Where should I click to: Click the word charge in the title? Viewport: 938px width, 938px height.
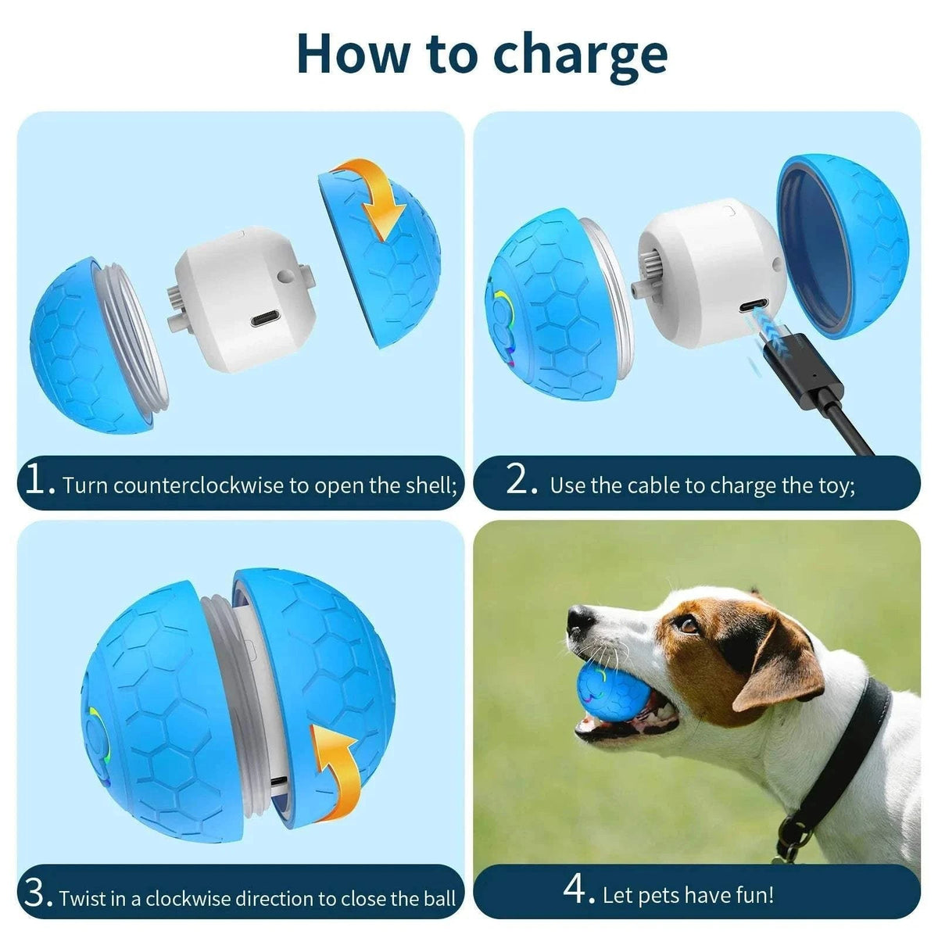click(582, 55)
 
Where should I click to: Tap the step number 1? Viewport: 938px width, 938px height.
click(38, 481)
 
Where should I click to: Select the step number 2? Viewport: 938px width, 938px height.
click(521, 481)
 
